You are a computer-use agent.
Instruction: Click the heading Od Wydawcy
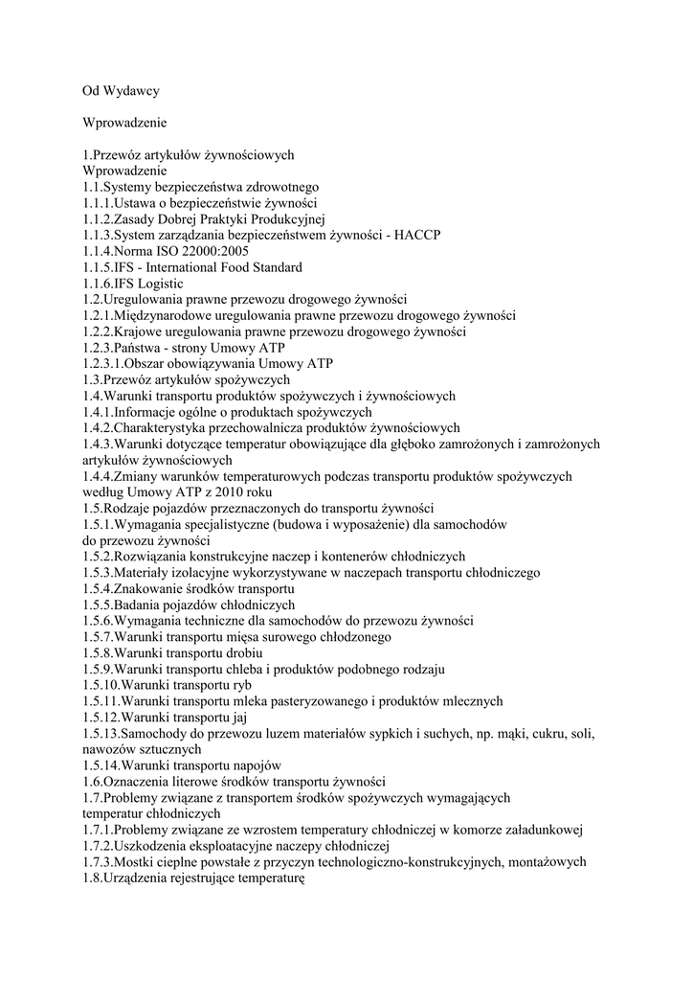[120, 91]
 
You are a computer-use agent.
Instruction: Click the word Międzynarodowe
[165, 315]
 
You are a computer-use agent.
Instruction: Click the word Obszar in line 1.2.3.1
[147, 364]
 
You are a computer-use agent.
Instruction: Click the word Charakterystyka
[173, 427]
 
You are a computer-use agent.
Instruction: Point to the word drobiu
[229, 652]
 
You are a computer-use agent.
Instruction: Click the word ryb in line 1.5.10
[243, 685]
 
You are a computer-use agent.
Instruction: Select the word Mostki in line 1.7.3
[135, 861]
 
